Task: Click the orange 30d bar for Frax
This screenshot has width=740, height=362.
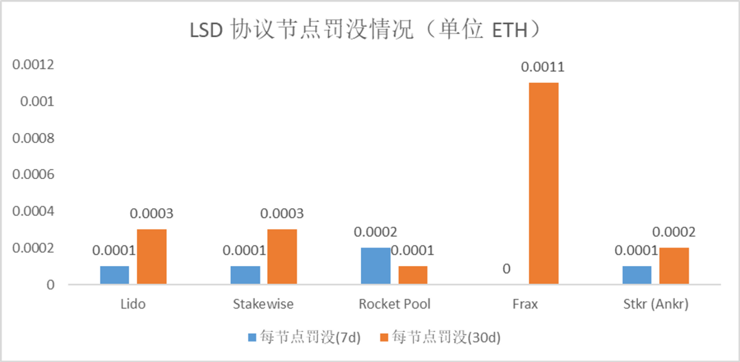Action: pos(543,183)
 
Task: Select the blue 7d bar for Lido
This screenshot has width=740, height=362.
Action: pos(114,275)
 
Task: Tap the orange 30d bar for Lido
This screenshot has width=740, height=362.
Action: pos(151,256)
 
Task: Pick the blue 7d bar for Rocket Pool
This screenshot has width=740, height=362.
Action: pos(375,265)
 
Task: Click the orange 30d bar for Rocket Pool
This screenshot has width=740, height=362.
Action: pos(412,275)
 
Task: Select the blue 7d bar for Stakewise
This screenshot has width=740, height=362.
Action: pos(245,275)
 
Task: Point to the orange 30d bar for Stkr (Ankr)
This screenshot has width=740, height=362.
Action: pos(674,265)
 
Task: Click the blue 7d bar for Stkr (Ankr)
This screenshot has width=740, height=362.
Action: pos(637,275)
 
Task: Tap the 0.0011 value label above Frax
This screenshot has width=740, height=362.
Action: pos(543,67)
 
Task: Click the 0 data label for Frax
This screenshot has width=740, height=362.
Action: pos(506,269)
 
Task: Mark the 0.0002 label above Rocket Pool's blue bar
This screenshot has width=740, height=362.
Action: pos(375,232)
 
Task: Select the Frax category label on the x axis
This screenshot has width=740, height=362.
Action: pos(525,304)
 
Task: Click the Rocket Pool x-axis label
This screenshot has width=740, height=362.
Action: pos(395,304)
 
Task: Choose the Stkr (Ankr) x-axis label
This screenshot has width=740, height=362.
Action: pos(655,304)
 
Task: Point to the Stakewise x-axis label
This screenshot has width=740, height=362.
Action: pos(264,304)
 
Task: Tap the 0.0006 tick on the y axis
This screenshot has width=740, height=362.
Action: pos(33,175)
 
